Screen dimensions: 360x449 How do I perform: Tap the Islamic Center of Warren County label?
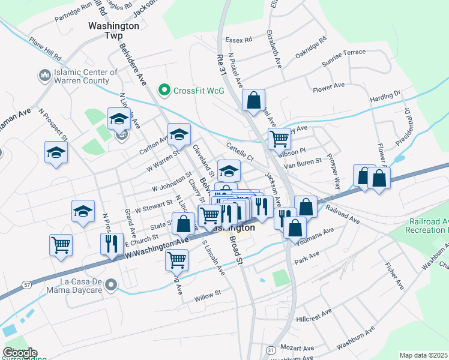[x=86, y=76]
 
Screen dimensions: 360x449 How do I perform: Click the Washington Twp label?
[x=113, y=31]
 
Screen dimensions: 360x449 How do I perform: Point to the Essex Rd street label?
[x=238, y=40]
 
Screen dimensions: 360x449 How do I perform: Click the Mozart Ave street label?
[x=297, y=348]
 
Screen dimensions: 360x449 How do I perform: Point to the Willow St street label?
[x=208, y=295]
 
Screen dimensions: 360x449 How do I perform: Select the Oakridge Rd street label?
[x=310, y=48]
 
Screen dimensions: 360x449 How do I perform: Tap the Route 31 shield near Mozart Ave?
[x=271, y=349]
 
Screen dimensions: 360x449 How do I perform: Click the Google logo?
[x=20, y=353]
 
